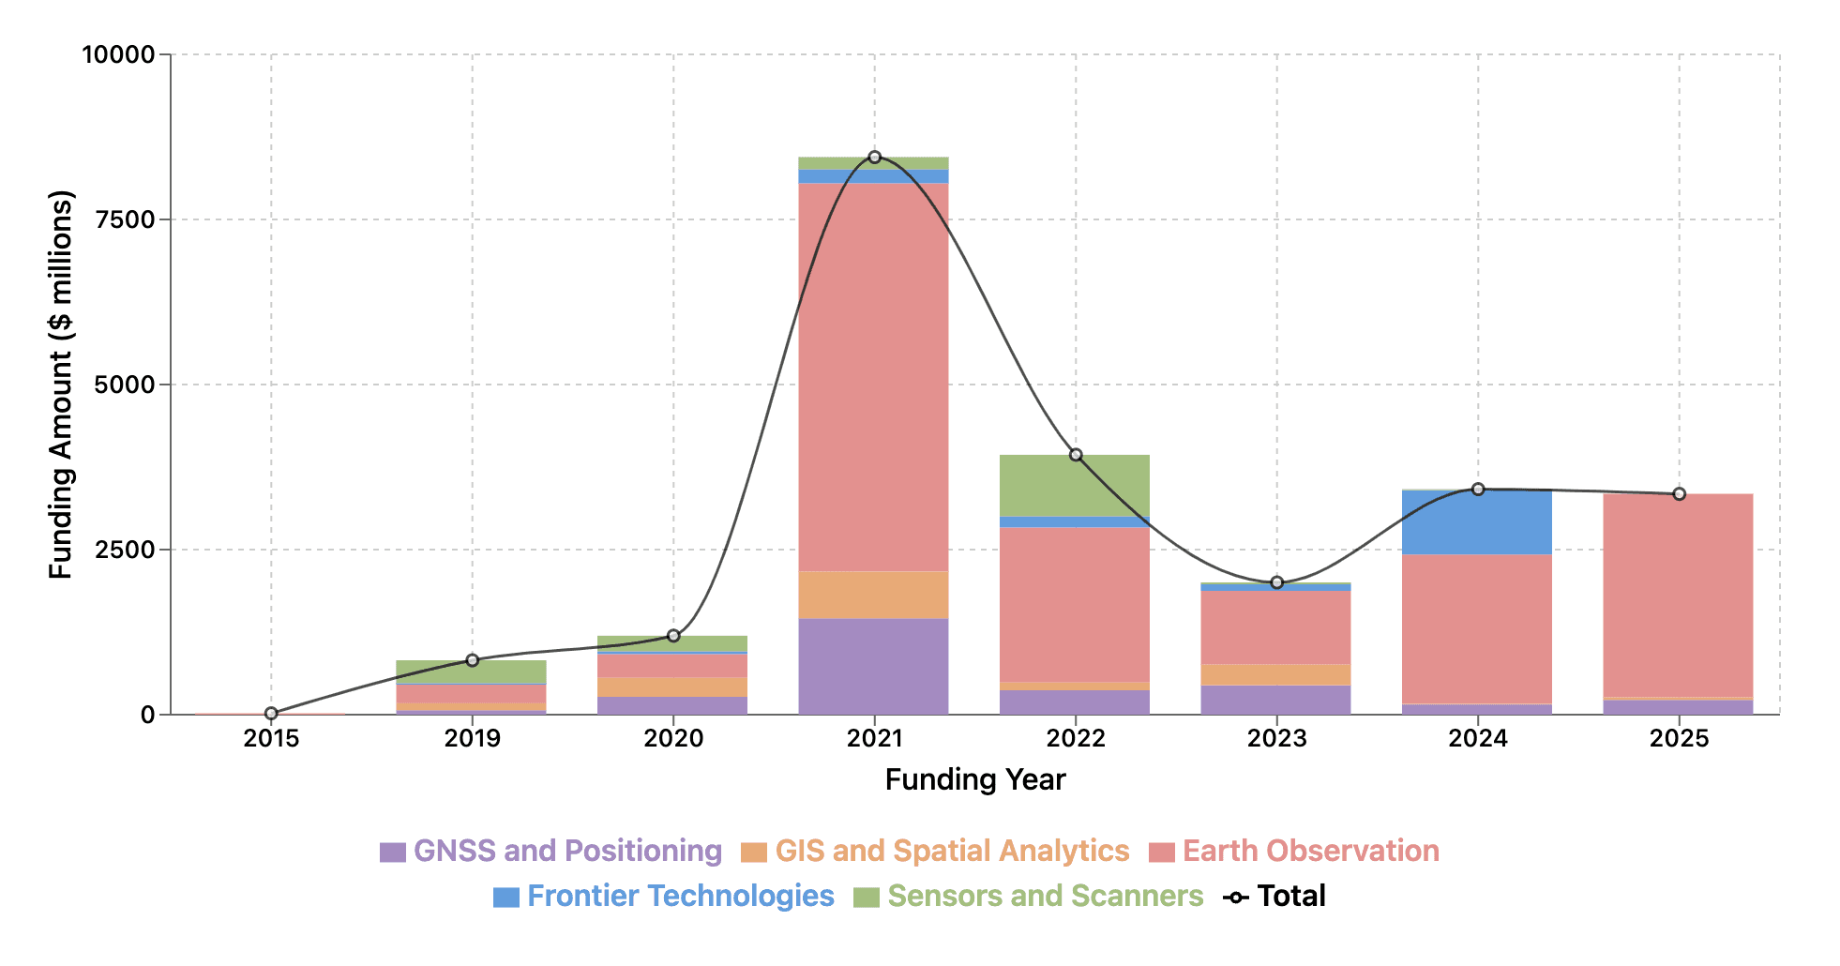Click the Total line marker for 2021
874,158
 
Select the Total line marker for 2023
1276,582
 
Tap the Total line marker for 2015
271,714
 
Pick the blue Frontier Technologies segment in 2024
1477,522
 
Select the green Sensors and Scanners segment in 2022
1075,486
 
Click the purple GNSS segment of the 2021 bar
874,666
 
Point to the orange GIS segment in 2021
874,595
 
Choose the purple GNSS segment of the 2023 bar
1276,700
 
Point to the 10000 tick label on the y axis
118,54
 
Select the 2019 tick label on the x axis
473,739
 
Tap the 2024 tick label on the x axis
1477,739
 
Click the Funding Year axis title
975,780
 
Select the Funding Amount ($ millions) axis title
61,385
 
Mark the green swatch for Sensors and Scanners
866,898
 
